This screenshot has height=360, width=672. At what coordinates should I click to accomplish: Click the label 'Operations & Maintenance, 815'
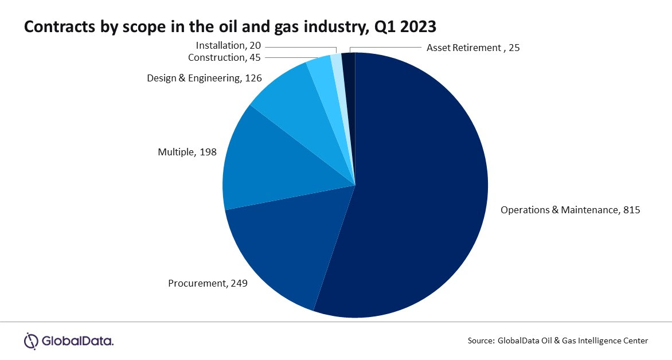pos(570,210)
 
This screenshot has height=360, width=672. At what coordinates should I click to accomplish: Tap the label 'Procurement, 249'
pos(208,283)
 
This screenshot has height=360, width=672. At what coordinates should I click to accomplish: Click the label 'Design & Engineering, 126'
pos(204,78)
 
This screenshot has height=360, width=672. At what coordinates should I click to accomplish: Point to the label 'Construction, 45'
pos(224,57)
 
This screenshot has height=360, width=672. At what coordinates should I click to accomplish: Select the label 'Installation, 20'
pos(228,45)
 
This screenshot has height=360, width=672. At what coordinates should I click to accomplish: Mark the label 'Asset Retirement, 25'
pos(473,48)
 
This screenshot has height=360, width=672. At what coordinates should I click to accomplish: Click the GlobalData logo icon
pos(31,341)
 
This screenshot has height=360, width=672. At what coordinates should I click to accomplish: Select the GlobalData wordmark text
pos(77,342)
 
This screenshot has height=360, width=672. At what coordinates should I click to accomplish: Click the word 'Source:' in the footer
pos(480,341)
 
